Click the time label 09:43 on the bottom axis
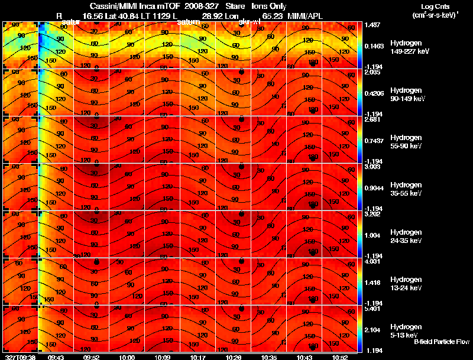tap(56, 357)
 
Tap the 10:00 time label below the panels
tap(127, 357)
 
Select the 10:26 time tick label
tap(233, 357)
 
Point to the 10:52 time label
tap(339, 357)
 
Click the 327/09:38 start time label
tap(19, 357)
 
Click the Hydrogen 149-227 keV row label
tap(409, 47)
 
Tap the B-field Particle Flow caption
tap(442, 341)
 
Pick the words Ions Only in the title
tap(270, 6)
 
